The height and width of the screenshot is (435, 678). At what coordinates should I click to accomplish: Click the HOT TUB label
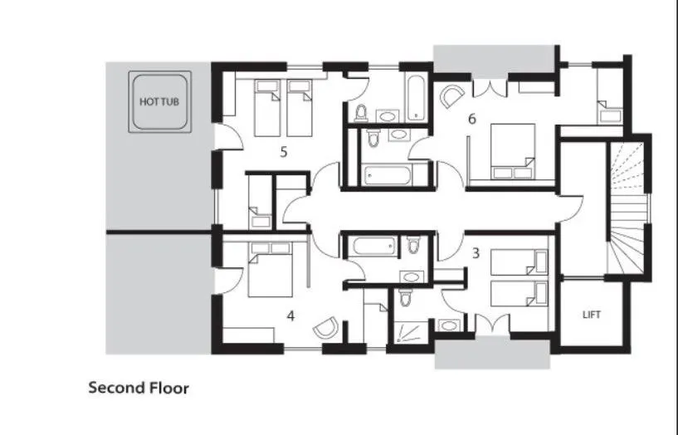coord(159,101)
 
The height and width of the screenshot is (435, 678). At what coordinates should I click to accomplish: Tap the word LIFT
coord(592,315)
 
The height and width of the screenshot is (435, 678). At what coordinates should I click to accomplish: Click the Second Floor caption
coord(139,388)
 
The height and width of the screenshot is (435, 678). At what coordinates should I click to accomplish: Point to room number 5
coord(283,152)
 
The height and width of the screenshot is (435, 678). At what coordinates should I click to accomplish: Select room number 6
coord(471,119)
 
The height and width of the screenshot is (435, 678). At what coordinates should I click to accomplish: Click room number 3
coord(476,253)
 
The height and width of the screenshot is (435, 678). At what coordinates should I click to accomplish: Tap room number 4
coord(290,315)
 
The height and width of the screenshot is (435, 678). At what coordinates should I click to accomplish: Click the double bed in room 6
coord(512,150)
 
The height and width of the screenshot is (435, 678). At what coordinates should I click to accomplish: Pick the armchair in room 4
coord(325,328)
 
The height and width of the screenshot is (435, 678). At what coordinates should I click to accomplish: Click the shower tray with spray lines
coord(407,332)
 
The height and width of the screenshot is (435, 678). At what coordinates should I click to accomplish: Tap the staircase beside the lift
coord(628,208)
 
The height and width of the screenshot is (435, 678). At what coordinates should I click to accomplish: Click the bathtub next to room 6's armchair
coord(415,95)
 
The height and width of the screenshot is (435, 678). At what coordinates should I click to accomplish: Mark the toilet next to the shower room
coord(405,296)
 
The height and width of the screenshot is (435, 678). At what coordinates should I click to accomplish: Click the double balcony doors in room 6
coord(490,87)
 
